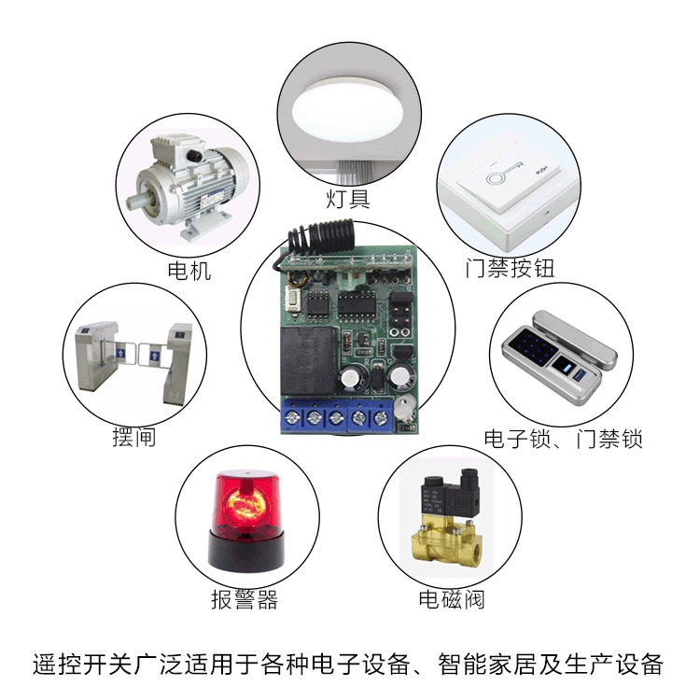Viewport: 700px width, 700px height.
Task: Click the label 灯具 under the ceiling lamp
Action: click(x=348, y=198)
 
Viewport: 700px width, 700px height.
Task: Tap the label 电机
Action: click(x=189, y=271)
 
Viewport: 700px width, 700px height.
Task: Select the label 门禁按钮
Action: click(x=510, y=269)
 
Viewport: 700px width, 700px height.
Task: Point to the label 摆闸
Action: click(x=133, y=437)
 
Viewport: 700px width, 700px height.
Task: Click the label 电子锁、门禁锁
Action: click(x=564, y=439)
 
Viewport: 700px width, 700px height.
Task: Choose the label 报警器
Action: click(x=245, y=599)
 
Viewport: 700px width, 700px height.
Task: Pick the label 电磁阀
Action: click(x=452, y=599)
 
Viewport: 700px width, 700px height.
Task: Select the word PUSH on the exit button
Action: click(x=541, y=171)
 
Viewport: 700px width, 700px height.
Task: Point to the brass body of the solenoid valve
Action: click(x=446, y=541)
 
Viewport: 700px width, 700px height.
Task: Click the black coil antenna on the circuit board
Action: click(x=320, y=234)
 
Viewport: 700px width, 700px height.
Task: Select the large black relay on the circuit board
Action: click(x=308, y=360)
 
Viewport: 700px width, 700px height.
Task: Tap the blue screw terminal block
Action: click(x=337, y=416)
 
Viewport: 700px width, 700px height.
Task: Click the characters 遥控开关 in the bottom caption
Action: click(x=82, y=665)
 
